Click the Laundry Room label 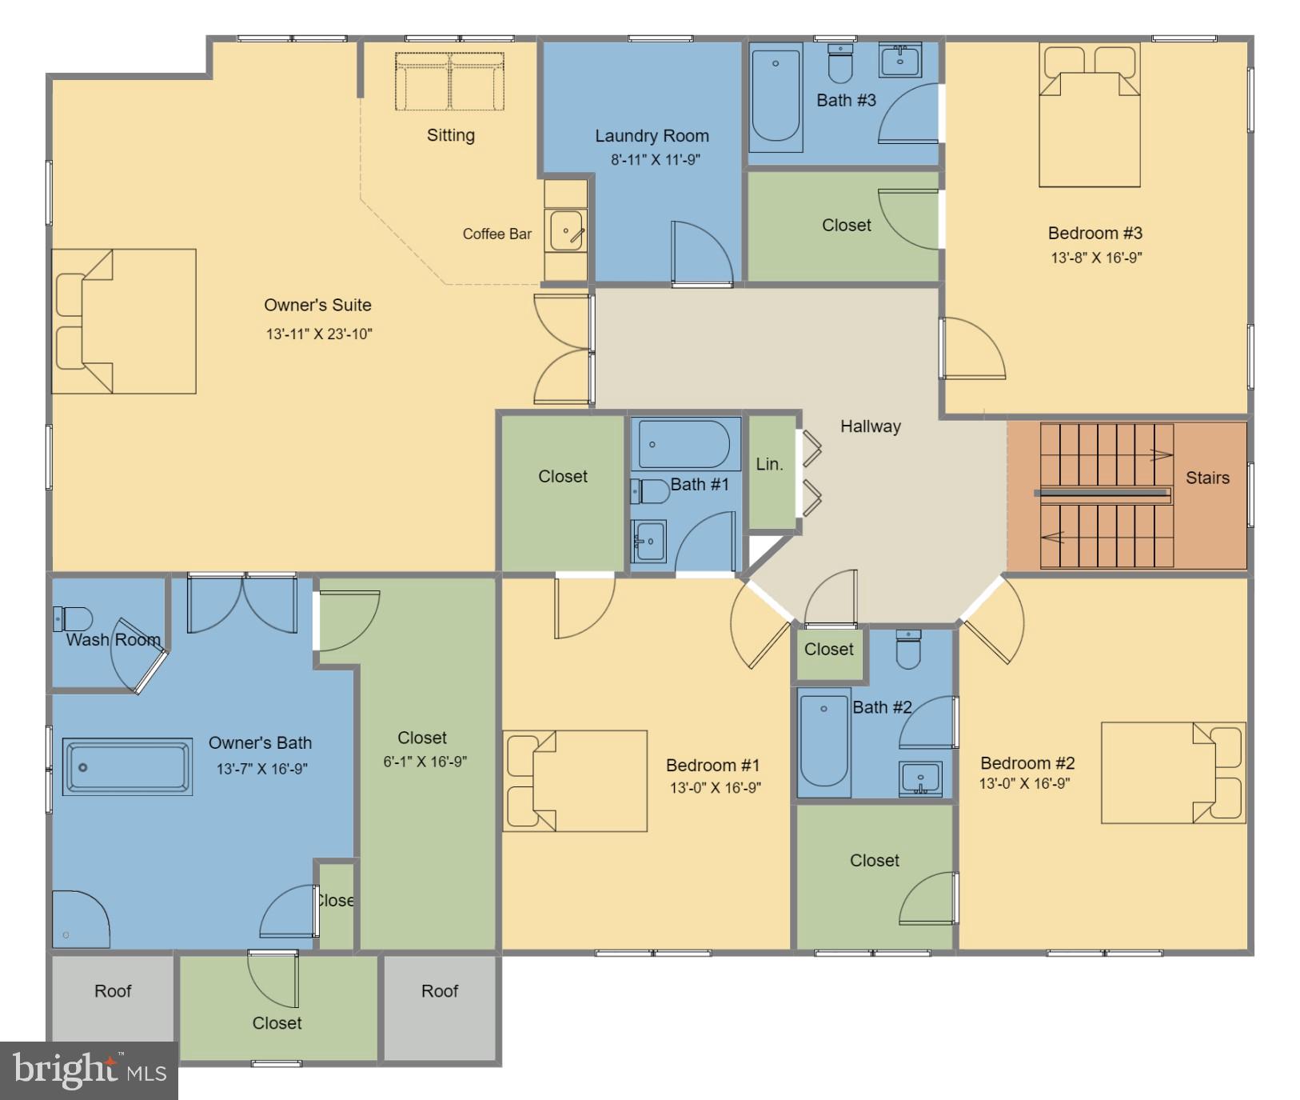[652, 136]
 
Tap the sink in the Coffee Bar [567, 230]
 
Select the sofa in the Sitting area [450, 82]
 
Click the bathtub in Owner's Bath [128, 766]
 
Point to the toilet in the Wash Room [73, 618]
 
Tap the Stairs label [1206, 478]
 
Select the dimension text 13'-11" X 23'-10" [319, 334]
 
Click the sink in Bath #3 [900, 60]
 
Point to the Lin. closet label [769, 465]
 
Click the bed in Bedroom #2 [1171, 773]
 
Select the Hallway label [870, 426]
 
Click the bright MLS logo [89, 1070]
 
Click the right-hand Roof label [440, 991]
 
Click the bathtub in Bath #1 [686, 445]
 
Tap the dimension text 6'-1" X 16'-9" [425, 762]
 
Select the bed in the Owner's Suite [124, 322]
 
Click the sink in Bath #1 [648, 542]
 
